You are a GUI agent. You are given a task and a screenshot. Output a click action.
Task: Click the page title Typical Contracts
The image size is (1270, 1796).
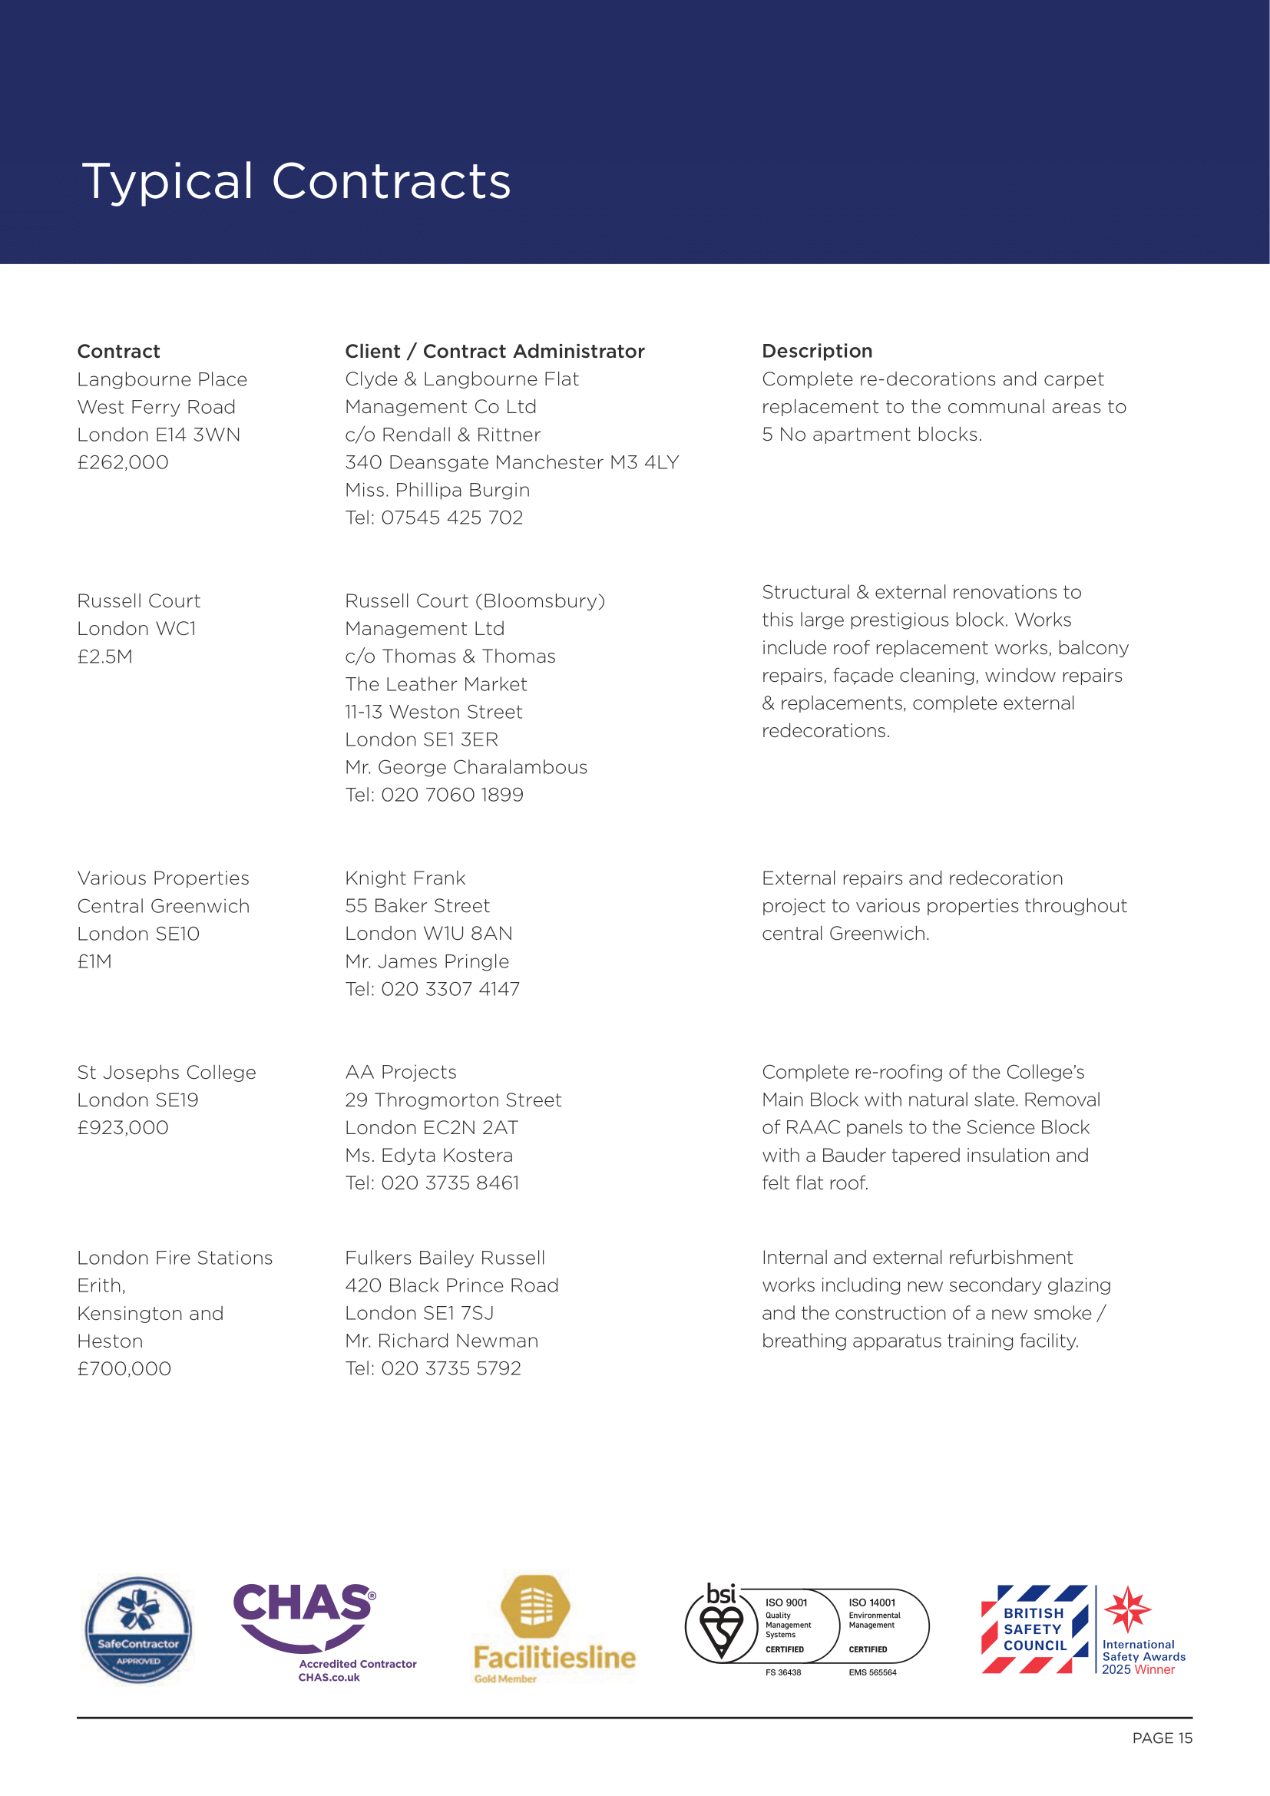296,181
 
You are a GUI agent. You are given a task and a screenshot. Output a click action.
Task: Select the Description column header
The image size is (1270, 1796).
816,351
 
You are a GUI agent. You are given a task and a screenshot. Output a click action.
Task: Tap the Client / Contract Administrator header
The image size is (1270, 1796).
494,351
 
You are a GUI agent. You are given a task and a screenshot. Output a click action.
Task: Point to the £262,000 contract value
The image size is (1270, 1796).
123,462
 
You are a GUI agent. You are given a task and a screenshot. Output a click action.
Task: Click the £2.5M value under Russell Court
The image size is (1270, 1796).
104,657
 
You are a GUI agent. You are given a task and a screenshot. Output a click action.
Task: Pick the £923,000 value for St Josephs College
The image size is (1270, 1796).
123,1127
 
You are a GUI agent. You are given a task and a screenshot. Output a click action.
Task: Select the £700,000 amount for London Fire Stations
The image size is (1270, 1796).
124,1368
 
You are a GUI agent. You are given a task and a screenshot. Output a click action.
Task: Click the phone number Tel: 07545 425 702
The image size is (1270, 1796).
434,517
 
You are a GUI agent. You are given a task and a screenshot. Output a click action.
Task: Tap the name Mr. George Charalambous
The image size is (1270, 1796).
466,766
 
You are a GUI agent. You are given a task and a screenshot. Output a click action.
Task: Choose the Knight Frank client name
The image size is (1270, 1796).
405,878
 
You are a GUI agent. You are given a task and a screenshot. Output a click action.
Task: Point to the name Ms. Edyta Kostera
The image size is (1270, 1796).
428,1155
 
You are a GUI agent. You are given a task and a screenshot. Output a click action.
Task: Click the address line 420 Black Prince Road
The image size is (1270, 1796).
451,1285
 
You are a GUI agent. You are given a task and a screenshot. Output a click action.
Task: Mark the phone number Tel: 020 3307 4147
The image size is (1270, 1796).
432,989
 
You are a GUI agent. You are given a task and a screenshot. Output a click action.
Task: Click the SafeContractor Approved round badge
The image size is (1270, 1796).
138,1629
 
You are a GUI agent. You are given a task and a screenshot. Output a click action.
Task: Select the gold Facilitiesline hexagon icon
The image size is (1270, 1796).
536,1606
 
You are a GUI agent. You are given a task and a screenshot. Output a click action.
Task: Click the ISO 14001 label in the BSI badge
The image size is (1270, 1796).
872,1603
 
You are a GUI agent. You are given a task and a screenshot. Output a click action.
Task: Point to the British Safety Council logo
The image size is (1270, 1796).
1034,1629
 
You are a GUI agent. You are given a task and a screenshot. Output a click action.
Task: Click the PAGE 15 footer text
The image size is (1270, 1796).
1161,1738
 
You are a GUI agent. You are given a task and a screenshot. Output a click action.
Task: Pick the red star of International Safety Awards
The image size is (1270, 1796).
1127,1609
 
